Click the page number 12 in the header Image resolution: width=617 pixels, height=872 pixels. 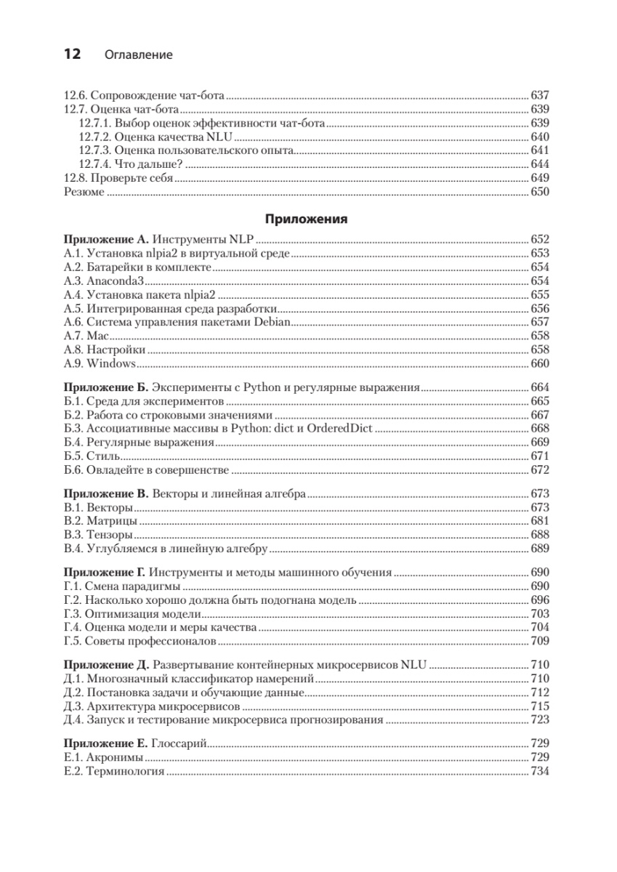point(74,54)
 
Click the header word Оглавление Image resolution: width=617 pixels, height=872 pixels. point(139,55)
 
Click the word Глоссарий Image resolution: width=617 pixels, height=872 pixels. point(180,743)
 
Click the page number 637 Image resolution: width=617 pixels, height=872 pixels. point(540,95)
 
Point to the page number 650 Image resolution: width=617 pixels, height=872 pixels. point(540,192)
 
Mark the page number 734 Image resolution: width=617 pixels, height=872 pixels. point(540,771)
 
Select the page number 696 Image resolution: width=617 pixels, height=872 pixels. point(540,600)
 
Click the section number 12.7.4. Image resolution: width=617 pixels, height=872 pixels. point(95,164)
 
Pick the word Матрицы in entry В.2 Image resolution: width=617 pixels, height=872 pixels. point(112,521)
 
